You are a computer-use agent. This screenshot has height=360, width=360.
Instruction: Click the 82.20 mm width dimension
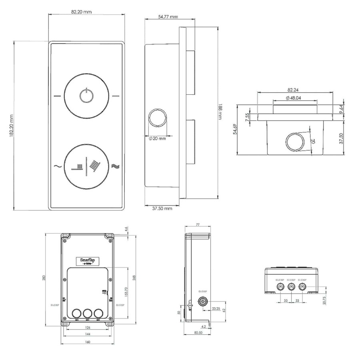(x=81, y=12)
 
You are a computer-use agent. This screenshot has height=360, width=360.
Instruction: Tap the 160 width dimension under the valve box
(x=88, y=342)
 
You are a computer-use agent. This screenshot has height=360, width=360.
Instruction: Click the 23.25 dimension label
(x=216, y=308)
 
